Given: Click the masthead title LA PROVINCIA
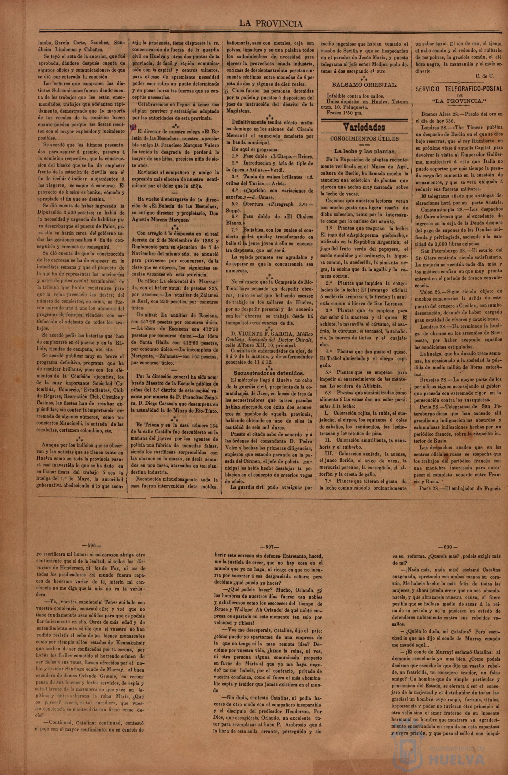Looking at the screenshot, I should pos(271,24).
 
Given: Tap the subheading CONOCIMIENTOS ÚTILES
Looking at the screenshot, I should pos(364,139).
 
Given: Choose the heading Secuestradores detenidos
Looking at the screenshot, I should pos(269,373).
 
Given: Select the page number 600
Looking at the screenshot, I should pos(448,547).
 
